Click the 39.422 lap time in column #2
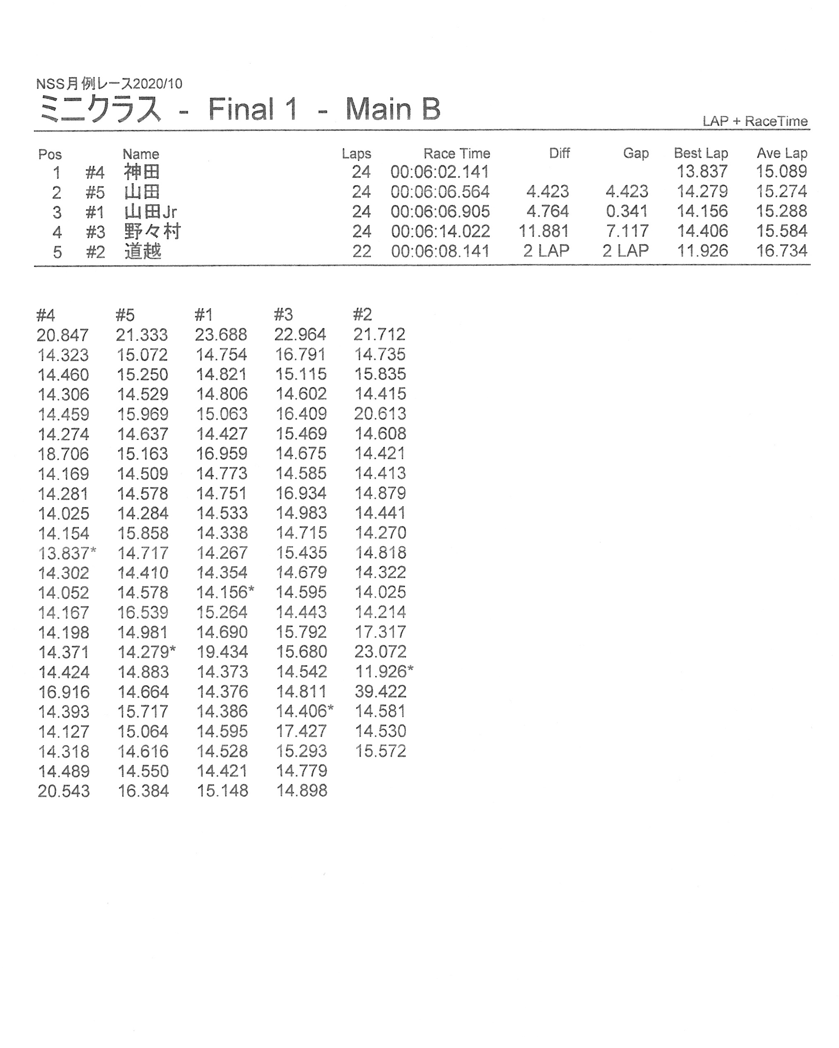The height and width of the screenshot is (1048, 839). [x=380, y=691]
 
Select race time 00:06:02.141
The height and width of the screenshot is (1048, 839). [x=440, y=172]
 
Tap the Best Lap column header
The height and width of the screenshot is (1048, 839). [x=700, y=153]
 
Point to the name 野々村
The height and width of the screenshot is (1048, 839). [x=152, y=231]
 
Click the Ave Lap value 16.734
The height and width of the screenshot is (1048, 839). [x=781, y=251]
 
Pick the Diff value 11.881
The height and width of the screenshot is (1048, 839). [x=543, y=231]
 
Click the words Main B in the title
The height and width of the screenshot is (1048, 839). [x=393, y=109]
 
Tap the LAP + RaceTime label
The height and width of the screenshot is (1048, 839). [x=755, y=121]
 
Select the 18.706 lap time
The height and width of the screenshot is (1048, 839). [x=63, y=453]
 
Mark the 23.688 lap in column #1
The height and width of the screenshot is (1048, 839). [x=221, y=335]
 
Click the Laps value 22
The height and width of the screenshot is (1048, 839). [x=361, y=251]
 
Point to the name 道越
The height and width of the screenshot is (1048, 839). [x=142, y=251]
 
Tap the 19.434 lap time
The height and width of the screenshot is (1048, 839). [x=222, y=652]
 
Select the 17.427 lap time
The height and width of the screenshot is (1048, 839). [x=301, y=731]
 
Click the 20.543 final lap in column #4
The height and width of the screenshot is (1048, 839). [x=64, y=791]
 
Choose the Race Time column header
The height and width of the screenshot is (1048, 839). [x=456, y=153]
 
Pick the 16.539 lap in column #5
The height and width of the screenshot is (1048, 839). [x=142, y=612]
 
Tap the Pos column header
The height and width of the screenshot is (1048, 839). [x=50, y=155]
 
